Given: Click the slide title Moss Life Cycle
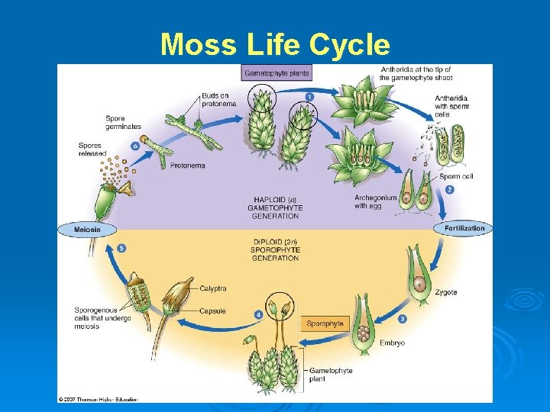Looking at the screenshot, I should click(275, 45).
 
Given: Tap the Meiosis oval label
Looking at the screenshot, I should click(87, 229).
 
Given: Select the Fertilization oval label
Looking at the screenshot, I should click(464, 228).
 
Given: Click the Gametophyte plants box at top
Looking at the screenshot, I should click(277, 73).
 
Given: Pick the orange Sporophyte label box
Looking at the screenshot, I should click(325, 323).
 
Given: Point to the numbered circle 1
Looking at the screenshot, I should click(309, 96).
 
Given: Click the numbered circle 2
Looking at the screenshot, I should click(450, 189).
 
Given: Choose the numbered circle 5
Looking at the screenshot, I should click(121, 249).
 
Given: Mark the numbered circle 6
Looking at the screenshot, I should click(135, 144).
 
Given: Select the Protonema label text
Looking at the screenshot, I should click(187, 165).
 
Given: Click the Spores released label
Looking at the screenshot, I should click(92, 150).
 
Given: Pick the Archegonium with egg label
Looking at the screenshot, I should click(376, 201).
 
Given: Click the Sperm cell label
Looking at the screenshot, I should click(456, 176).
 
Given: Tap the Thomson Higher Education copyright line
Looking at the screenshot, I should click(97, 399).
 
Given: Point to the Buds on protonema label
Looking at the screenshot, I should click(217, 100).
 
